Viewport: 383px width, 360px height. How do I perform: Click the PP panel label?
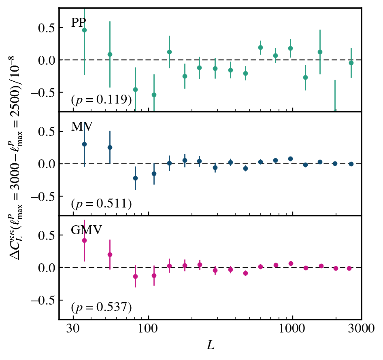79,23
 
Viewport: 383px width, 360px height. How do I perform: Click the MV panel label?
82,127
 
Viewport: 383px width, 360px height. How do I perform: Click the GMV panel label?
86,230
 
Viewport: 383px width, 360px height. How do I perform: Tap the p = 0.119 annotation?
101,100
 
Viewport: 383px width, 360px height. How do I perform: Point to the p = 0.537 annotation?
101,308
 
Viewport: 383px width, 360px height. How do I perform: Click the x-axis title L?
211,345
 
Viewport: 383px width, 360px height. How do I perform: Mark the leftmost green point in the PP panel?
84,30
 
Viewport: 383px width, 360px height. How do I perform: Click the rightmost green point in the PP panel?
351,63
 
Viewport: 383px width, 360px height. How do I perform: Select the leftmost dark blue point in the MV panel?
84,144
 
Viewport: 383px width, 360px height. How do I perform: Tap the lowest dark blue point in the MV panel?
135,178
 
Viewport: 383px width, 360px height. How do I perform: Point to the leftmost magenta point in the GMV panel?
84,240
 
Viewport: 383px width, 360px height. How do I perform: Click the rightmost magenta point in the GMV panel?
349,268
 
